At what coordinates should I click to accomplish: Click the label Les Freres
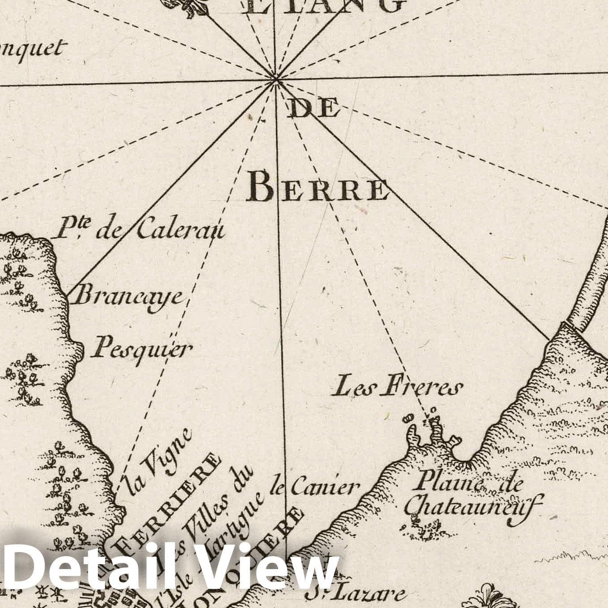click(x=396, y=387)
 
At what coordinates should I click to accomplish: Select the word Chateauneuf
click(x=473, y=506)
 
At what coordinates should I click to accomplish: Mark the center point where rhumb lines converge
click(x=276, y=80)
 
